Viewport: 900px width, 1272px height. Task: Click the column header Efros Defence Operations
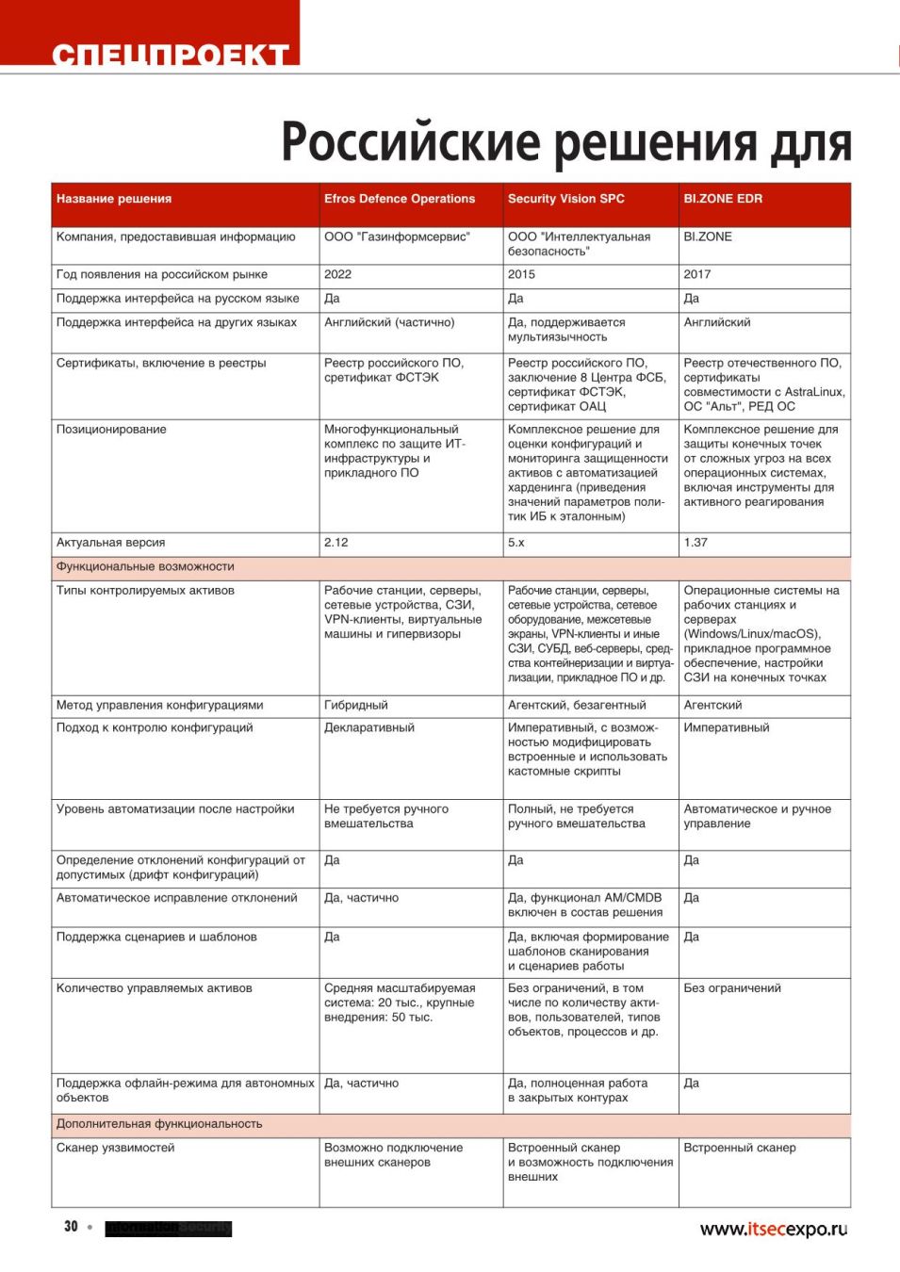tap(399, 199)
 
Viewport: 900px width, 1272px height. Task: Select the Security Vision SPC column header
tap(565, 199)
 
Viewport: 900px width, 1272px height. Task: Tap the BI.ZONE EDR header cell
tap(723, 199)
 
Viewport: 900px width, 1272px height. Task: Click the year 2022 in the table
tap(337, 274)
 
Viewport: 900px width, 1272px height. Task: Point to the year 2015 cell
tap(521, 274)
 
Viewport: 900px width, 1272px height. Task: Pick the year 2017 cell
tap(697, 274)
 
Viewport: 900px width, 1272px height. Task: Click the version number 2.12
tap(335, 543)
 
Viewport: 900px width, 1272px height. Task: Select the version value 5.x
tap(515, 543)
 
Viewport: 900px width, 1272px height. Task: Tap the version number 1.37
tap(695, 543)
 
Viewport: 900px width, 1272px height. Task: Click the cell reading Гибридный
tap(355, 705)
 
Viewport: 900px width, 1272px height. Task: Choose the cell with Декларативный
tap(368, 727)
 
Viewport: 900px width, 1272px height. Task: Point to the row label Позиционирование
tap(110, 430)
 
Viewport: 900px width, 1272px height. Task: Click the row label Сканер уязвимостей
tap(115, 1148)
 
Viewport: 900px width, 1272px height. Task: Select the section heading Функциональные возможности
tap(145, 567)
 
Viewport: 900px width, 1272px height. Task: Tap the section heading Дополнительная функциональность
tap(159, 1124)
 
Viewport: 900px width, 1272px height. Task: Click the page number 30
tap(71, 1227)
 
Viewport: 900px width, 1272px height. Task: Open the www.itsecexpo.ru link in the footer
tap(773, 1229)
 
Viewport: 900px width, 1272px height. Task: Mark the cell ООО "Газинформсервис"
tap(397, 237)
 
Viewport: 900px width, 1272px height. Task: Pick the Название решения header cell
tap(113, 199)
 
